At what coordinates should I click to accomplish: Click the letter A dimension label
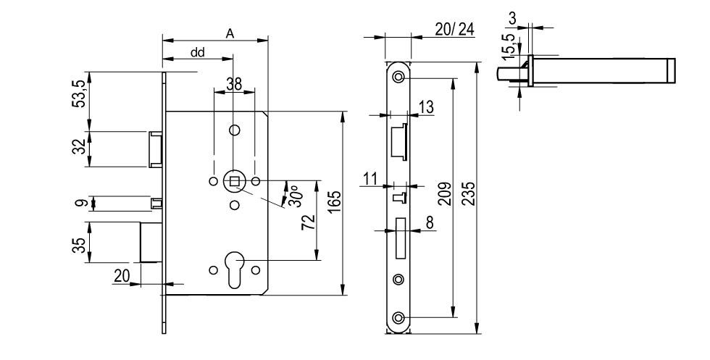tap(230, 33)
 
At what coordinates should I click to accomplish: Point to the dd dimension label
tap(198, 53)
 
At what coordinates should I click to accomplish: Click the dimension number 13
tap(426, 107)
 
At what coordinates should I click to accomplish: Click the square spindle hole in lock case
tap(234, 180)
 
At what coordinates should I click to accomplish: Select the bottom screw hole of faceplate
tap(398, 317)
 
